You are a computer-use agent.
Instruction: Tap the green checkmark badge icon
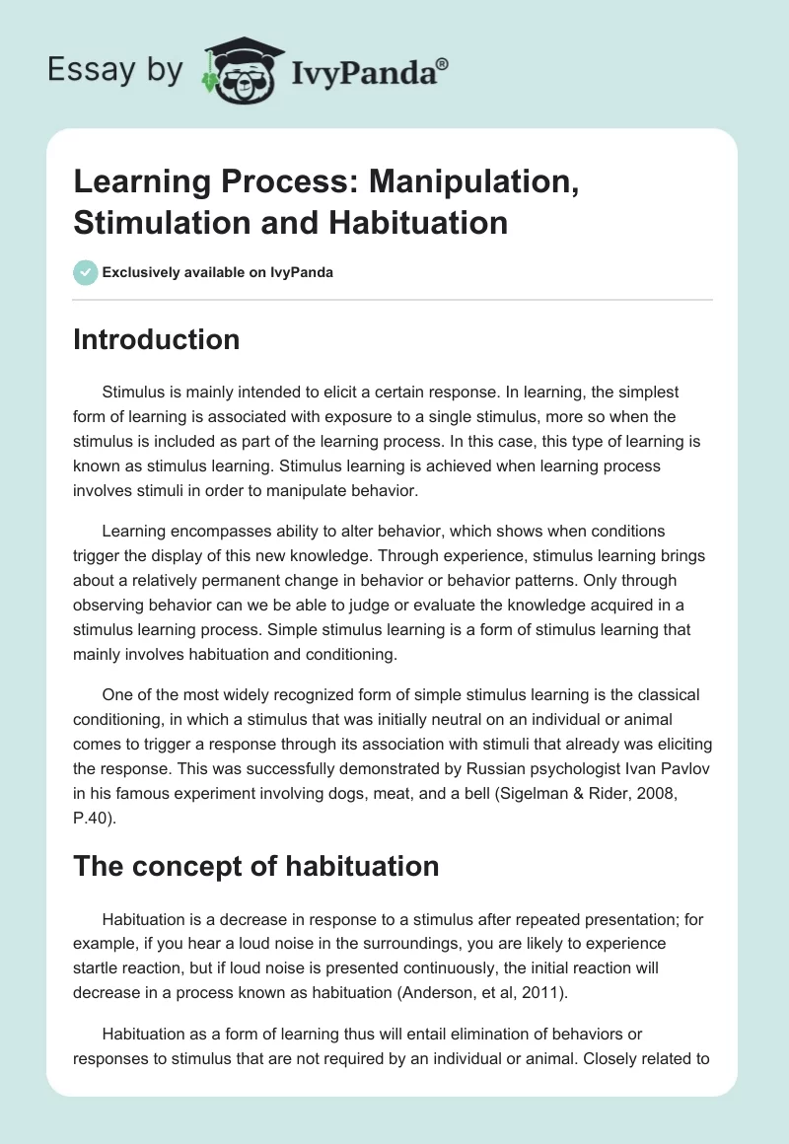click(x=86, y=271)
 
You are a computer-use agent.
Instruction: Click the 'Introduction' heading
click(x=157, y=339)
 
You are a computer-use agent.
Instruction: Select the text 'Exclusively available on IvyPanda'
click(x=217, y=272)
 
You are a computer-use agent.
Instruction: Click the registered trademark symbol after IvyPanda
click(x=444, y=62)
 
